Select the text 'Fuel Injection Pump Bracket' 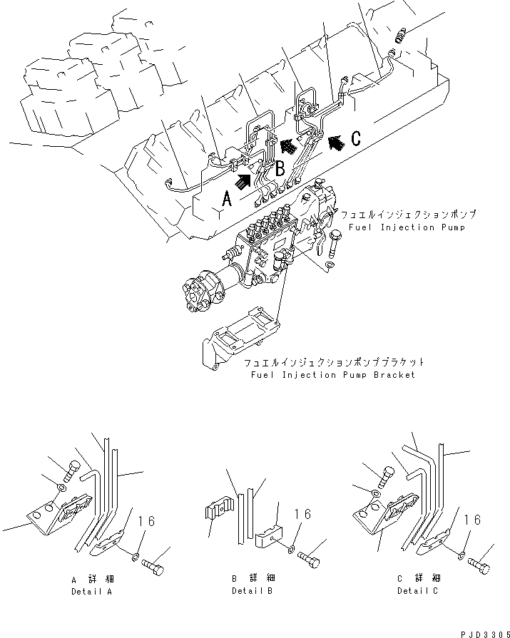click(x=332, y=374)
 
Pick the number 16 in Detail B click(x=302, y=513)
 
